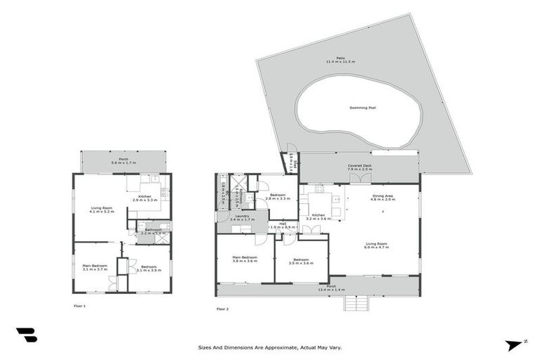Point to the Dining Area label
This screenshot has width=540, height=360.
click(x=383, y=197)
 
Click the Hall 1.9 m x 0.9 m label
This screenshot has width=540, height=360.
click(x=283, y=226)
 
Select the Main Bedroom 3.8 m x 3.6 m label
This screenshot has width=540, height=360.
click(x=244, y=259)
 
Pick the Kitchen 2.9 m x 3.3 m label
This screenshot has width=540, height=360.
click(x=145, y=198)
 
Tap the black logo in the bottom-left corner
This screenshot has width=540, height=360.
click(x=26, y=335)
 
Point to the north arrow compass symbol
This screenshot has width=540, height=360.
click(x=515, y=344)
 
